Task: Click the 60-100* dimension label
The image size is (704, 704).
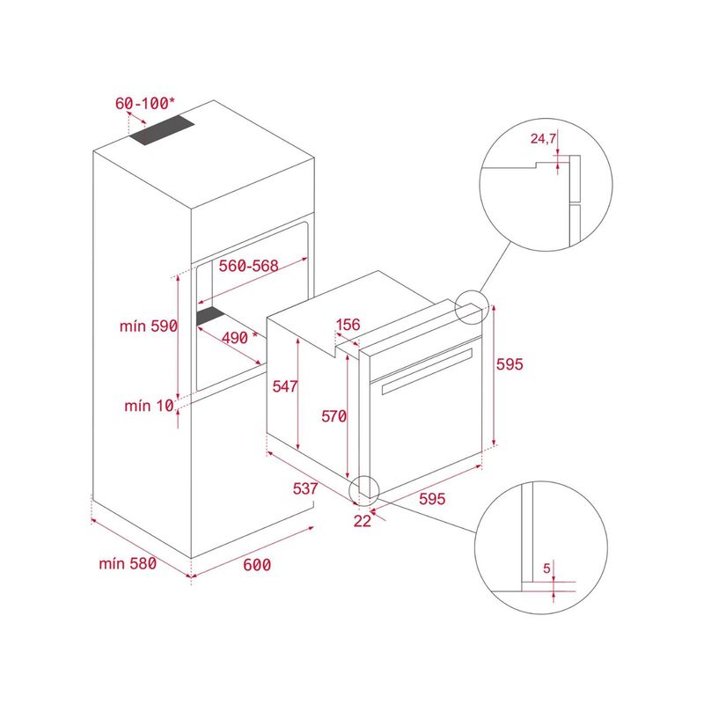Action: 144,103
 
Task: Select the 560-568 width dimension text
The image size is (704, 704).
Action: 249,266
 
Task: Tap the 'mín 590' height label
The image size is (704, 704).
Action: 149,326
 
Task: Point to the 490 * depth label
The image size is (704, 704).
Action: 239,338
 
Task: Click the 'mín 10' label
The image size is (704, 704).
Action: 149,406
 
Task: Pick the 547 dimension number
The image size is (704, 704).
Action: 284,386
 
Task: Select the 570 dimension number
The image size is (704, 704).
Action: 334,416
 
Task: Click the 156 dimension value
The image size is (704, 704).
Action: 348,324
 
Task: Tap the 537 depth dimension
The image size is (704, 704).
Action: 305,488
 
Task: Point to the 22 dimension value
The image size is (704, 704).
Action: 363,521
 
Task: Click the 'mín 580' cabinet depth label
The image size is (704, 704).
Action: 128,563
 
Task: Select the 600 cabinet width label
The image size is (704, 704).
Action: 257,565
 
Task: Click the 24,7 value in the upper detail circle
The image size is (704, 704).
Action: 543,139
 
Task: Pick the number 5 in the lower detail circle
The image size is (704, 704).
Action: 546,568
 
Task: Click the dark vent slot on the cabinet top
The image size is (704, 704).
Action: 162,130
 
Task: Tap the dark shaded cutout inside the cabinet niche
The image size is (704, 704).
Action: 210,316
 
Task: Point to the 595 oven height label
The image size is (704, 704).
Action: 510,364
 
